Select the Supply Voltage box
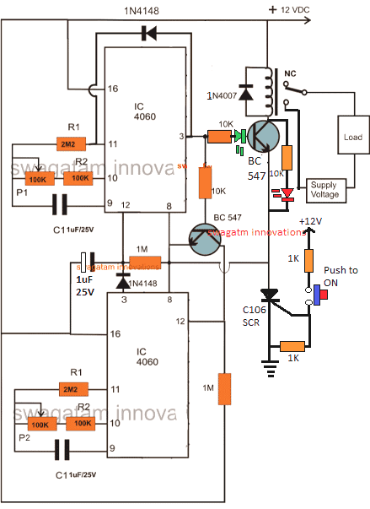click(x=324, y=189)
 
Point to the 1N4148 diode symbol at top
click(x=151, y=34)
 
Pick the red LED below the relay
click(x=287, y=195)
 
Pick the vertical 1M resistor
click(x=224, y=387)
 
